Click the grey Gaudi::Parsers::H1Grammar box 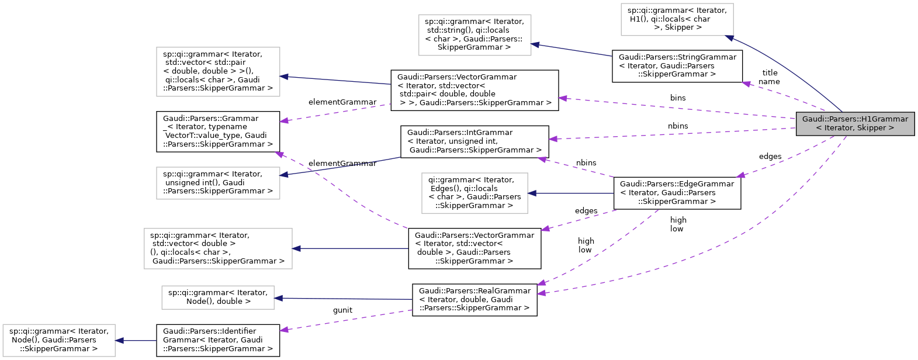tap(854, 124)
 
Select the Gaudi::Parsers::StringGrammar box tap(677, 65)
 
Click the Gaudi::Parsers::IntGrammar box tap(474, 141)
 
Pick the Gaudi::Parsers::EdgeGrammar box tap(677, 193)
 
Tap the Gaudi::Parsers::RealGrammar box tap(474, 300)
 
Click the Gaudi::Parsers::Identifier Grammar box tap(217, 340)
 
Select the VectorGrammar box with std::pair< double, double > tap(474, 90)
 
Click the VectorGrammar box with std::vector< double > tap(474, 248)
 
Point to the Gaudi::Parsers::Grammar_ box tap(217, 131)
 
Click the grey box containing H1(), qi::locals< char tap(677, 19)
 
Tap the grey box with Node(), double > tap(217, 297)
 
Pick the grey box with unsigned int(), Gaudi tap(217, 183)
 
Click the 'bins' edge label tap(678, 98)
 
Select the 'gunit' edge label tap(342, 310)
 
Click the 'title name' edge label tap(769, 77)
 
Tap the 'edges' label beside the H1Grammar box tap(770, 157)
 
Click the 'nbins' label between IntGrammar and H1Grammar tap(678, 126)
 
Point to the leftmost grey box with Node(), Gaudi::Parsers tap(58, 340)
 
